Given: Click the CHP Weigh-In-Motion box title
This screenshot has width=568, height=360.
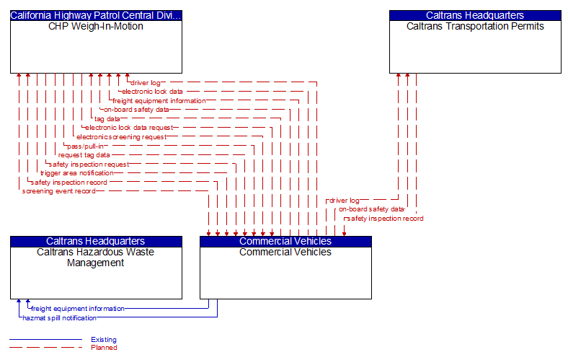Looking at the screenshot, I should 96,27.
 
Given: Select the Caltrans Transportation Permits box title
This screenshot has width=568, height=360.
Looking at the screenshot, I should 475,27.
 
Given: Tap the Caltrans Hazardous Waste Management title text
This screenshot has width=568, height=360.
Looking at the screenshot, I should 96,258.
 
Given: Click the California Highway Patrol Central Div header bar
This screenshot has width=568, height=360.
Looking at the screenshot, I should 96,15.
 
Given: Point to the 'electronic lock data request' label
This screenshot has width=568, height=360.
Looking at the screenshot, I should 129,128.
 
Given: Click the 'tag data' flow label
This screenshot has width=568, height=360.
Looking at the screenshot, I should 107,119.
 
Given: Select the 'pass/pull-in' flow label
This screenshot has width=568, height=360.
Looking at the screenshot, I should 86,146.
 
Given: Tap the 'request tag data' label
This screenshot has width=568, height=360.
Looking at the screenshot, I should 84,155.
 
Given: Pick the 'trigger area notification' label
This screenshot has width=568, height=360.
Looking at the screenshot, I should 77,173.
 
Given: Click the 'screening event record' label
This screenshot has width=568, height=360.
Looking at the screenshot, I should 58,191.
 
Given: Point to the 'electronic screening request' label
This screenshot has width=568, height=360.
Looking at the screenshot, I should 121,137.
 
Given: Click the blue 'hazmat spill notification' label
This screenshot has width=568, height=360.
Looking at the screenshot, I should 59,317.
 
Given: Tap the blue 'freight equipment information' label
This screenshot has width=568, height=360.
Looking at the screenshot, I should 78,309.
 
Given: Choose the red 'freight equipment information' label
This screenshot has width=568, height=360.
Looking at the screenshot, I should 159,101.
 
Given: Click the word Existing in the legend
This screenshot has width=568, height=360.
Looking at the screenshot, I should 104,340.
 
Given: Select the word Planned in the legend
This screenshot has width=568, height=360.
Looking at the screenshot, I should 104,348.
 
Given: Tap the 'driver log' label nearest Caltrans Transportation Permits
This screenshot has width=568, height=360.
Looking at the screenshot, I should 345,201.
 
